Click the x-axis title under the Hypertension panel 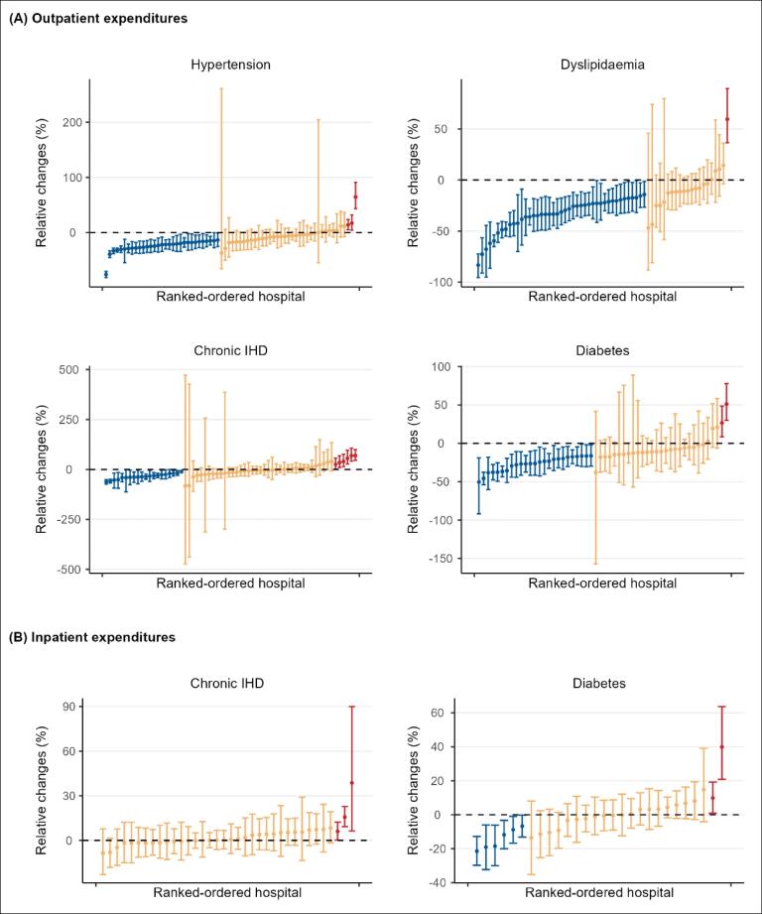pyautogui.click(x=230, y=297)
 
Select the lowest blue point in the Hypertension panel pyautogui.click(x=106, y=274)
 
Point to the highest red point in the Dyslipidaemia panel pyautogui.click(x=727, y=119)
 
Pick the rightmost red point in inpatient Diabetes pyautogui.click(x=722, y=746)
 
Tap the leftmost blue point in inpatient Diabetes pyautogui.click(x=477, y=850)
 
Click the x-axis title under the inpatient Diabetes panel pyautogui.click(x=601, y=893)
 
